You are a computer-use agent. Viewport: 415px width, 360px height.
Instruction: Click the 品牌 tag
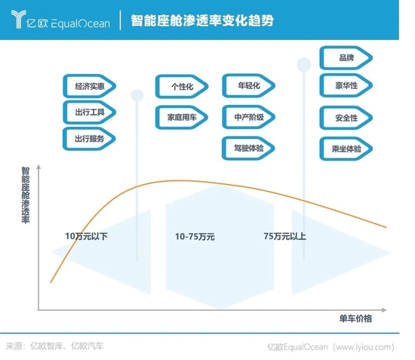(346, 57)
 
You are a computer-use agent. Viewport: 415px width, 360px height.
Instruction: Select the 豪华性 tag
(346, 85)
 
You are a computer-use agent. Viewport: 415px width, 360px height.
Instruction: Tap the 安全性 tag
(346, 118)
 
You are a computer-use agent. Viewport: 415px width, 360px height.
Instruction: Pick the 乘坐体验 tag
(346, 149)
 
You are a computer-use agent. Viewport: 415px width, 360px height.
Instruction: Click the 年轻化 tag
(249, 85)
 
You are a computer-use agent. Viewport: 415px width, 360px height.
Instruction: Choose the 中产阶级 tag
(249, 117)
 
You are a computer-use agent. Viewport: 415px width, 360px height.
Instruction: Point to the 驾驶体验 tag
(248, 148)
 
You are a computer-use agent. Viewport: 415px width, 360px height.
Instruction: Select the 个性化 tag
(182, 86)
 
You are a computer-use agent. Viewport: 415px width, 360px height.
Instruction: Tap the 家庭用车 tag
(182, 117)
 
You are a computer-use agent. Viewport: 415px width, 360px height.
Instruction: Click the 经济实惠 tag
(90, 86)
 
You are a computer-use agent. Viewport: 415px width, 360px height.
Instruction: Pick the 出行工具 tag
(90, 112)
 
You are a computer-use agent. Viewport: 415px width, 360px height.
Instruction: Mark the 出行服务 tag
(90, 139)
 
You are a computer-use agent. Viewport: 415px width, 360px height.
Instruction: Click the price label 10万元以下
(86, 236)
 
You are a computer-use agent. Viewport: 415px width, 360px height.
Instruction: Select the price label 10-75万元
(195, 236)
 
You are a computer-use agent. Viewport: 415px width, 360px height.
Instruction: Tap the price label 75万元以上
(284, 236)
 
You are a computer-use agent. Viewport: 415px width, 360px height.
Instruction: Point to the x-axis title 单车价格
(355, 318)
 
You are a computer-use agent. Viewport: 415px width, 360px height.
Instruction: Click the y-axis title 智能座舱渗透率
(26, 195)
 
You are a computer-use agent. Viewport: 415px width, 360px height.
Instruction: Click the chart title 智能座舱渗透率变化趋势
(202, 20)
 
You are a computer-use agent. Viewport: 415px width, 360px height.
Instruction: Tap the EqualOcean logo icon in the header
(19, 19)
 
